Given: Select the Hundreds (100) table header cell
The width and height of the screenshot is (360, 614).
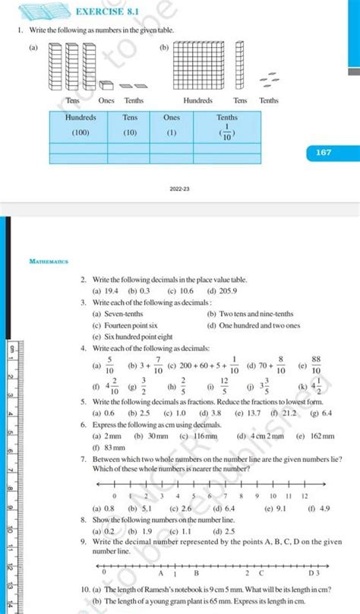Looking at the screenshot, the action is [x=81, y=125].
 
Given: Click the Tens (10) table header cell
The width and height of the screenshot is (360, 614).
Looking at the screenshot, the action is [x=130, y=125].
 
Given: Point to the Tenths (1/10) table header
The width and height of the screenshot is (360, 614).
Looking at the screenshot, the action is [x=228, y=125].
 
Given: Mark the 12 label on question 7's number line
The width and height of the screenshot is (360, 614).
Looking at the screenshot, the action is [x=305, y=495].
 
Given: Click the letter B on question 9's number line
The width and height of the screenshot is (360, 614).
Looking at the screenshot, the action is [x=196, y=574].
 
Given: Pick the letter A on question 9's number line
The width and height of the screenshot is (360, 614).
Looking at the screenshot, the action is [x=160, y=574].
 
